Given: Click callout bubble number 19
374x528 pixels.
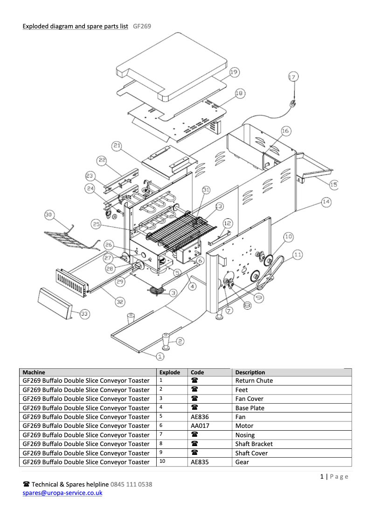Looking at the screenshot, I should pyautogui.click(x=234, y=72).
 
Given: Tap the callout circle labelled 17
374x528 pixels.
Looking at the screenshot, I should pyautogui.click(x=292, y=78).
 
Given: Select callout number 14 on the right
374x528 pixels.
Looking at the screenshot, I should pyautogui.click(x=326, y=202).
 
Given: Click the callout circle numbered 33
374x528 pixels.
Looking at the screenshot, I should pyautogui.click(x=84, y=314).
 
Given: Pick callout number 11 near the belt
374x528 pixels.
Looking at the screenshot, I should pyautogui.click(x=298, y=254).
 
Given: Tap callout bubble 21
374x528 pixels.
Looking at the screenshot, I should pyautogui.click(x=117, y=147).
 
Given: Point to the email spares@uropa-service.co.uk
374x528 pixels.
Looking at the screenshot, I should pyautogui.click(x=62, y=493).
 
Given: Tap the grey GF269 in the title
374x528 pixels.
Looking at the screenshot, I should pyautogui.click(x=142, y=27).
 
